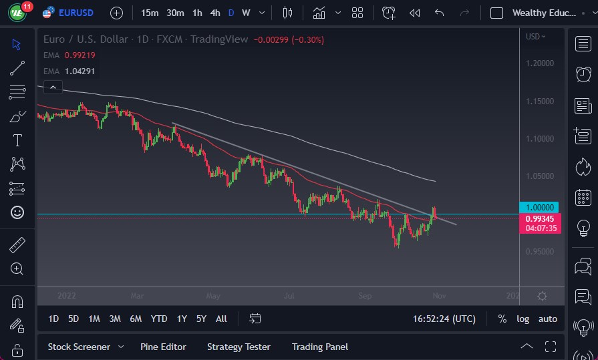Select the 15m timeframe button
[150, 13]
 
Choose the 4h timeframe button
[214, 13]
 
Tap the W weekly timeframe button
[246, 13]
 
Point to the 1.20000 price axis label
[539, 63]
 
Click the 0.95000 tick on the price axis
[539, 252]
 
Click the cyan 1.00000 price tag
[539, 207]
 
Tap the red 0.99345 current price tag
[539, 218]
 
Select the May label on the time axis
[213, 295]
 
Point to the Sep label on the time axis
[365, 295]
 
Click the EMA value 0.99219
[80, 55]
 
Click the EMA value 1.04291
[80, 71]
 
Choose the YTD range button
[159, 319]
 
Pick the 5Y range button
[201, 319]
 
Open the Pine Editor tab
[163, 347]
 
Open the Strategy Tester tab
[239, 347]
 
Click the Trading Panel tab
[319, 347]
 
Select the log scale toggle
[522, 319]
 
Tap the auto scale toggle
[548, 319]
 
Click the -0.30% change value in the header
[307, 40]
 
